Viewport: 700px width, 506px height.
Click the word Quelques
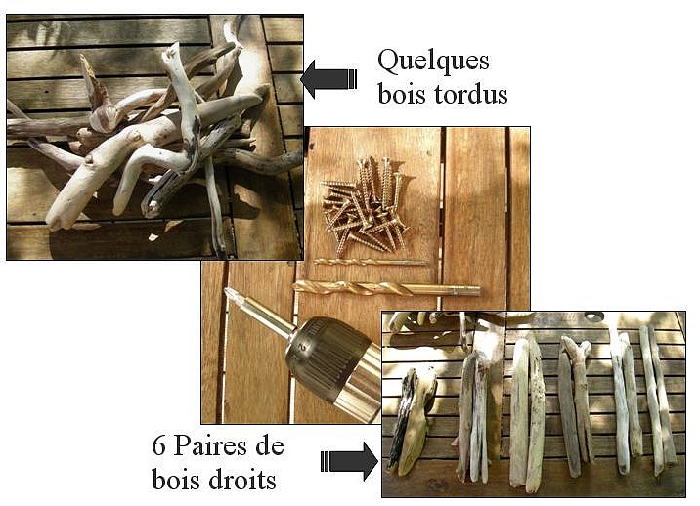(433, 63)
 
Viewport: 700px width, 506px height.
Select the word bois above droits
(175, 480)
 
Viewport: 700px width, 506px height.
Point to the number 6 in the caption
(158, 446)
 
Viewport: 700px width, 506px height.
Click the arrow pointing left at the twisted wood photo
(328, 79)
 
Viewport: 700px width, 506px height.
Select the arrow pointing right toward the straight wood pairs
(349, 461)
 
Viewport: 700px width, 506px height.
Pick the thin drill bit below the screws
(371, 263)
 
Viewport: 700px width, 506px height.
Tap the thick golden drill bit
(386, 288)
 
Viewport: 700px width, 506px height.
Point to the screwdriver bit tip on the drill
(230, 294)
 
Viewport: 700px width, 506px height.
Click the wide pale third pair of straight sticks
(527, 413)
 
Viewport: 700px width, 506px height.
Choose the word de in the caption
(270, 446)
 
